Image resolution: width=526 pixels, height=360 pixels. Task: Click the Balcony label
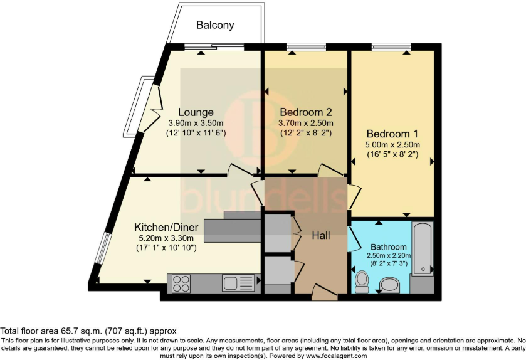[215, 25]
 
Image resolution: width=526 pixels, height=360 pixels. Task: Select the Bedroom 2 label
[305, 112]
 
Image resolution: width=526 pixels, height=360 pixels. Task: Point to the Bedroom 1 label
[392, 134]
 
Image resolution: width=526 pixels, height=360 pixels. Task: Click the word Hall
[321, 236]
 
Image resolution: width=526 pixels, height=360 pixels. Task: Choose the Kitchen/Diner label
[166, 227]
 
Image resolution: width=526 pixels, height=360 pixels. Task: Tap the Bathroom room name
[389, 247]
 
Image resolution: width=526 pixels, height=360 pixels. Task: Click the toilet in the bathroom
[362, 282]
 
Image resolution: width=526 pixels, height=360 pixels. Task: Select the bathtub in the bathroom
[423, 248]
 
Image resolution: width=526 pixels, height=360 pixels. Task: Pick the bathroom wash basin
[389, 285]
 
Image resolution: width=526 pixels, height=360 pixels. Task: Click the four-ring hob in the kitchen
[181, 283]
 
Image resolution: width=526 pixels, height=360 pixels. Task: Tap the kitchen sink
[238, 283]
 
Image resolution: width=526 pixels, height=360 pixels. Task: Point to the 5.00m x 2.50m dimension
[392, 145]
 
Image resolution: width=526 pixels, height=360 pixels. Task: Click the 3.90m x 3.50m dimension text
[196, 123]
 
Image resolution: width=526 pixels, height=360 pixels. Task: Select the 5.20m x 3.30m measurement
[166, 238]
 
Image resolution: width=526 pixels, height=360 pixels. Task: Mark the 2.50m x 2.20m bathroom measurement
[389, 256]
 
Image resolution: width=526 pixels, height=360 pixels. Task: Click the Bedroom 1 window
[391, 46]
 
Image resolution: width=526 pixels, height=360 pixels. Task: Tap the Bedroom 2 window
[307, 46]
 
